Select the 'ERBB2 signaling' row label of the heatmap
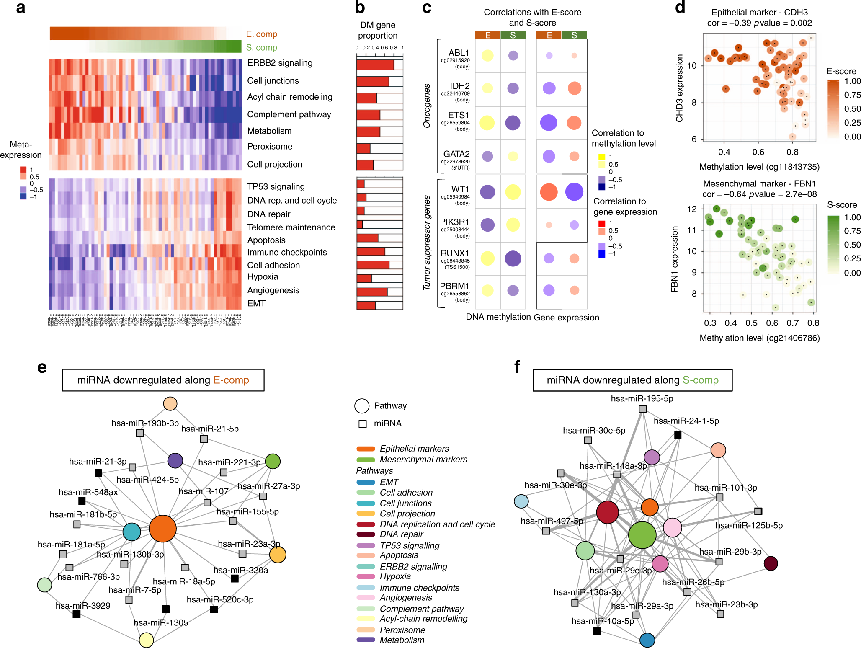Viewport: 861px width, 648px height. click(280, 63)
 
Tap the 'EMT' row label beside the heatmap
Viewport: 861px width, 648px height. click(256, 303)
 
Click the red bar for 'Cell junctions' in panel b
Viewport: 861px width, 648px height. click(373, 81)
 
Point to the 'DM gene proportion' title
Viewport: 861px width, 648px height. click(378, 30)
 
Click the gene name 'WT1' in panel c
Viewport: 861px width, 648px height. click(460, 189)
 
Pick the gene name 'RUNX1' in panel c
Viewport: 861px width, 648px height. click(455, 253)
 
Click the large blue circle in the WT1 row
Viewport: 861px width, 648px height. click(574, 192)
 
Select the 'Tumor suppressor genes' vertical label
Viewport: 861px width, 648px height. click(427, 243)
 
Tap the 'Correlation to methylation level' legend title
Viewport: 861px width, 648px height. click(624, 138)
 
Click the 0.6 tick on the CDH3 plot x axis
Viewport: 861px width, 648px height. click(758, 152)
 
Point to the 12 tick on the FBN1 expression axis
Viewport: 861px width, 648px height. click(692, 209)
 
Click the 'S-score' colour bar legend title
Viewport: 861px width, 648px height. click(842, 205)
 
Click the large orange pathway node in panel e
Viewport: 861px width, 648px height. click(162, 529)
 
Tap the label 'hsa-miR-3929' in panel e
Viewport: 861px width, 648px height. click(83, 605)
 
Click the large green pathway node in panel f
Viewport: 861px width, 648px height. click(642, 535)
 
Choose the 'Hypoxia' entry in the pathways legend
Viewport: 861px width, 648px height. click(395, 576)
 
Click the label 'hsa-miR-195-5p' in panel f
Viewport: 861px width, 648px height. click(642, 398)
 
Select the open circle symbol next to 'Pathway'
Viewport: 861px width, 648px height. click(362, 405)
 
